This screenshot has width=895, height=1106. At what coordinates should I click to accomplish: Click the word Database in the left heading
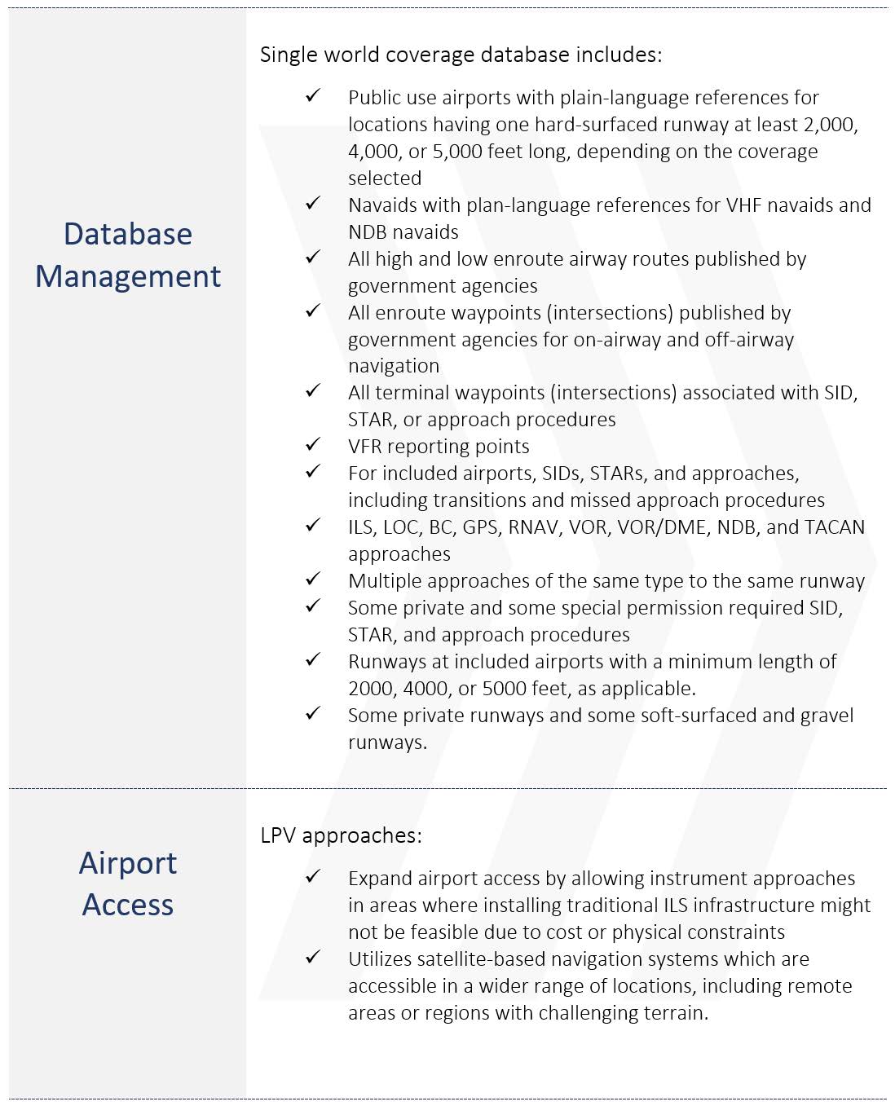(128, 234)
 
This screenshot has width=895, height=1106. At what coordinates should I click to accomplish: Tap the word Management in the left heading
(128, 276)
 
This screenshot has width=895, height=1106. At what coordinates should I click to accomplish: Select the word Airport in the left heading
(128, 863)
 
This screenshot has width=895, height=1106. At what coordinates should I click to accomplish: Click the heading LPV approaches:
(341, 835)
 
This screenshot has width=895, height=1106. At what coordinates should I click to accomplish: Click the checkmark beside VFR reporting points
(313, 445)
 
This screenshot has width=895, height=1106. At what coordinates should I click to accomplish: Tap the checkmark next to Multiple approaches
(313, 579)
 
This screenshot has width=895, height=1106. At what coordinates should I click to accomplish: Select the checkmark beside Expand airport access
(313, 877)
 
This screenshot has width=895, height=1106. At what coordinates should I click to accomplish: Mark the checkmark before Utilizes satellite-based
(313, 958)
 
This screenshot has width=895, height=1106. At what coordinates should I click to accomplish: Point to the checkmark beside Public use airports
(313, 96)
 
